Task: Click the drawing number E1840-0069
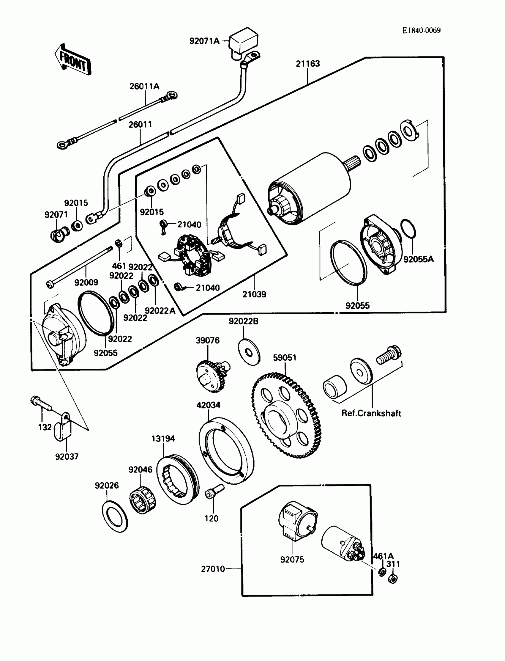pos(422,30)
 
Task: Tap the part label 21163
pos(307,64)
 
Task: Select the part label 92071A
pos(204,41)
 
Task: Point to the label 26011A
pos(144,87)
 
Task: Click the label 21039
pos(254,294)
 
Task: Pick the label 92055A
pos(419,259)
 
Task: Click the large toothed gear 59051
pos(286,415)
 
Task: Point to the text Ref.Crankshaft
pos(371,413)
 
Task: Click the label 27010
pos(213,569)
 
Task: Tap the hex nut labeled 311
pos(392,579)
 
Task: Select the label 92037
pos(67,456)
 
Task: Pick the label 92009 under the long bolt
pos(86,282)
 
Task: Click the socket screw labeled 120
pos(213,493)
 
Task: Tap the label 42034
pos(208,405)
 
